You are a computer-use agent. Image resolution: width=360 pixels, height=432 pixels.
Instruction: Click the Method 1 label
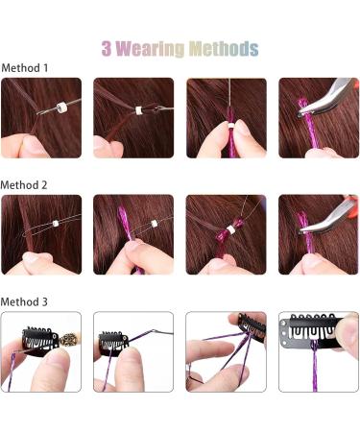point(26,68)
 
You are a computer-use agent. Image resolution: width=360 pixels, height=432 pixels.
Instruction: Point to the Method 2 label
point(26,183)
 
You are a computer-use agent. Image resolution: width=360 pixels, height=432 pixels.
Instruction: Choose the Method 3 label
point(26,301)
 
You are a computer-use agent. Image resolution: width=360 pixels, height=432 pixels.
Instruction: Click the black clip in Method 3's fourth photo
point(306,337)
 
